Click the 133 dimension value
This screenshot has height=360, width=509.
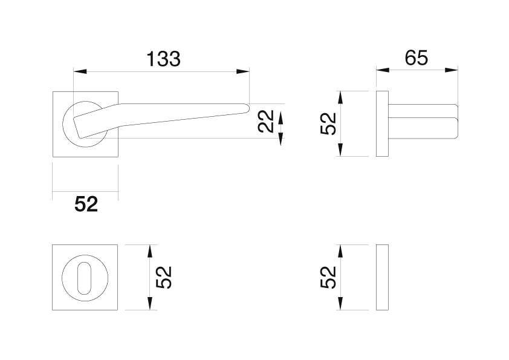(163, 59)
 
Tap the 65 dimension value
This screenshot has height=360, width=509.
(417, 58)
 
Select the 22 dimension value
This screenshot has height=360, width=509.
(265, 121)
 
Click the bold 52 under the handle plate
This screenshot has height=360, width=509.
(86, 204)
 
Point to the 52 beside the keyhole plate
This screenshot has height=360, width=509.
(163, 277)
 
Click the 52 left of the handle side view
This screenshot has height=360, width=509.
(328, 123)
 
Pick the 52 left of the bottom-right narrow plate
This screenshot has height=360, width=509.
(328, 277)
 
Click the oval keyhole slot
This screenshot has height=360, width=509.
(85, 278)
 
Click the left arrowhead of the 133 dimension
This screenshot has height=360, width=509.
(80, 71)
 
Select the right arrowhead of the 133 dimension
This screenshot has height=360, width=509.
(243, 71)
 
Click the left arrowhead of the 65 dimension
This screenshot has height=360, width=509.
(383, 70)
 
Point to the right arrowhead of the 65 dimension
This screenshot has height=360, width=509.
(452, 70)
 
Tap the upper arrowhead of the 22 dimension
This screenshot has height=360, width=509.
(281, 117)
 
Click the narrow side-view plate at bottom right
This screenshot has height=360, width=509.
(383, 277)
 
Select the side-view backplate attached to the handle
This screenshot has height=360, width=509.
(383, 123)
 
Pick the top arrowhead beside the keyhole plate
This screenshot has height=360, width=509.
(150, 252)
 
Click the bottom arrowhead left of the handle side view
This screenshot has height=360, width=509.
(340, 149)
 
